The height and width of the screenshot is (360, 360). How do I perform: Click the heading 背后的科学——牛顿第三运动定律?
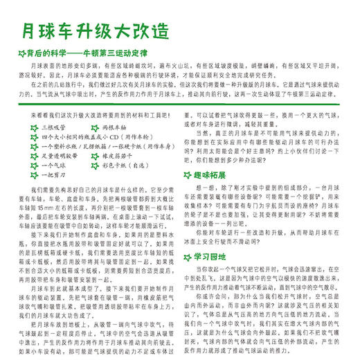(x=97, y=52)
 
